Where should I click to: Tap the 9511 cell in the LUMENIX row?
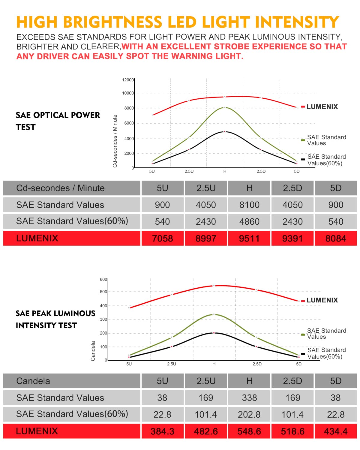pos(249,238)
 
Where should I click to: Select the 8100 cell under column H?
pos(249,205)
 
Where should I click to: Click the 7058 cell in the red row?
pos(162,238)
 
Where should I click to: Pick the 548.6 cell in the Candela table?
pos(249,431)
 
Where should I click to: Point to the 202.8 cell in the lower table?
pos(249,415)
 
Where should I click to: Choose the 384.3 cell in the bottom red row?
pos(162,431)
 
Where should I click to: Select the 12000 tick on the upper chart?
pos(128,80)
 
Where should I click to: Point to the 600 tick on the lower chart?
pos(103,279)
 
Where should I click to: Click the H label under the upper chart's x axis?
pos(225,171)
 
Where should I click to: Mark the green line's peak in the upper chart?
pos(225,107)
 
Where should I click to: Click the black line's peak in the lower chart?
pos(214,333)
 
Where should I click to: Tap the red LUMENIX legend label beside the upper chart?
pos(322,107)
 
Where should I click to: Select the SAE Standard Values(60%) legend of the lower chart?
pos(326,353)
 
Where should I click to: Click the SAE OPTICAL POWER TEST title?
pos(58,121)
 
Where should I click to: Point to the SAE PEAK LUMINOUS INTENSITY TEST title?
pos(55,319)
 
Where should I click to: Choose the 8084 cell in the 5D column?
pos(336,238)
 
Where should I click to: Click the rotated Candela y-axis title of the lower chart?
pos(93,351)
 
